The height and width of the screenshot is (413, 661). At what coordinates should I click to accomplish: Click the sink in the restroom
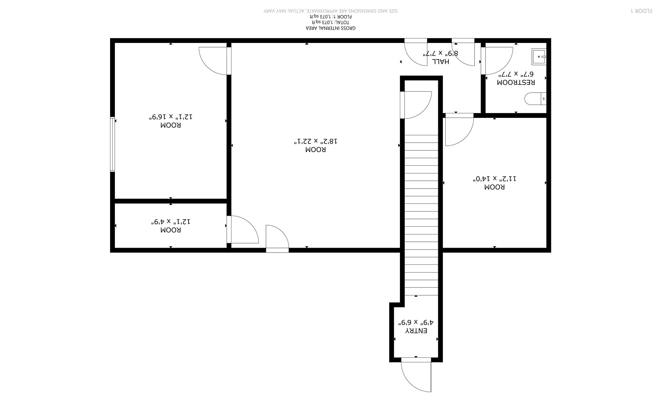tap(539, 57)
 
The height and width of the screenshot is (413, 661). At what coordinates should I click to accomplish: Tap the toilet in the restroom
tap(535, 98)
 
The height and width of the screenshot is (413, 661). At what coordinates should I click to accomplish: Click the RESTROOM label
tap(516, 82)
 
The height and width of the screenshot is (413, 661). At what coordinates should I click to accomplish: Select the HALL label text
tap(440, 61)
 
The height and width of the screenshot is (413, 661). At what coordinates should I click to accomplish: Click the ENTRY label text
tap(416, 331)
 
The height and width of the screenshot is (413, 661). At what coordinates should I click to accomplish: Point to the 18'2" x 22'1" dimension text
tap(316, 141)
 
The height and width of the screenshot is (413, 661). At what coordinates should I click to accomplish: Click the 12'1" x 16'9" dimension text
tap(171, 117)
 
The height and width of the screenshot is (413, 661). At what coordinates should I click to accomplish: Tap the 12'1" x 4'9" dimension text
tap(171, 222)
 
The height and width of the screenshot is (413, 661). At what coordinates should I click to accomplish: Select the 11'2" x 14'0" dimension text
tap(494, 179)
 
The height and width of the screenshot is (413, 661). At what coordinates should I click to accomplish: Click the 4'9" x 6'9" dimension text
tap(416, 322)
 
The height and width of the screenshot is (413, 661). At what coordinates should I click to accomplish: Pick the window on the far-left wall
tap(112, 144)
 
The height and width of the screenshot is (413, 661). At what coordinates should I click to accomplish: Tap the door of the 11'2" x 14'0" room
tap(460, 131)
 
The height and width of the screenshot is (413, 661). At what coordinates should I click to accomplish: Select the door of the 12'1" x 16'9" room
tap(213, 61)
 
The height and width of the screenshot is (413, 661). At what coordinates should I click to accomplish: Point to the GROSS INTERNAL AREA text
tap(330, 28)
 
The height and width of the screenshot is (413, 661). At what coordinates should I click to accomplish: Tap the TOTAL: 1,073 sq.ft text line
tap(330, 22)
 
